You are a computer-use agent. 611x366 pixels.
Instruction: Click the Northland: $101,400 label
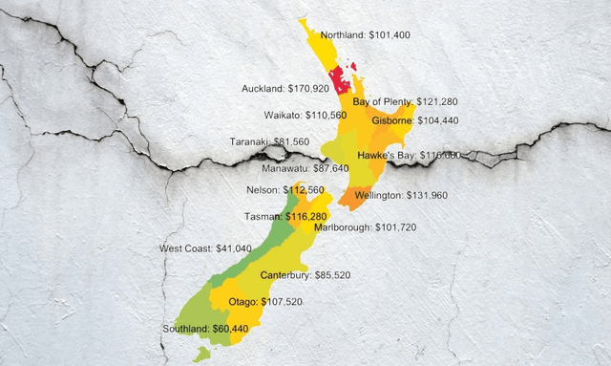365,35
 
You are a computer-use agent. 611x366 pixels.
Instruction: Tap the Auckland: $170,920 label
284,88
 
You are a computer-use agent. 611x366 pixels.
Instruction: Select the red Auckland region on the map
340,85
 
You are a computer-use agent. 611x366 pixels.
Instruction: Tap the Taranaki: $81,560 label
269,141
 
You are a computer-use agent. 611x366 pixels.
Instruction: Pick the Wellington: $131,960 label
400,196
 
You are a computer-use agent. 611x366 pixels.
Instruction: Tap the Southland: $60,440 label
205,329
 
